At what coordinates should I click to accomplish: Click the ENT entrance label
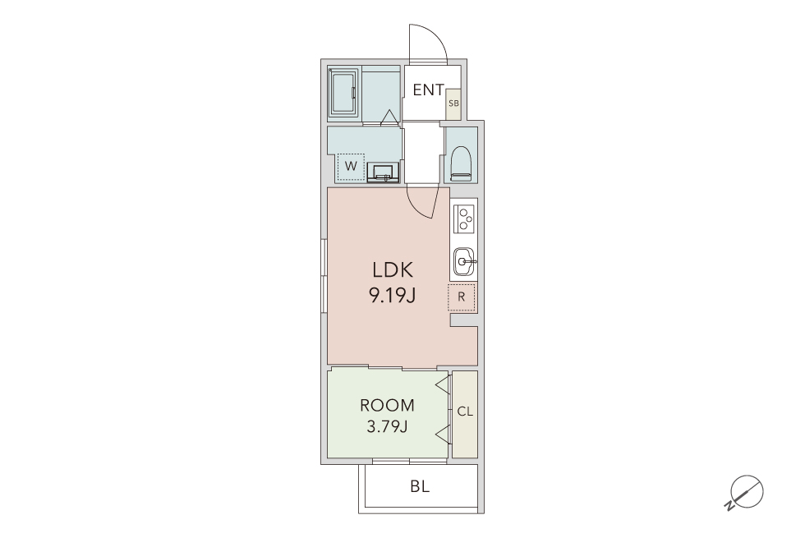[x=428, y=90]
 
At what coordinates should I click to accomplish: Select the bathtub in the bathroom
[x=343, y=93]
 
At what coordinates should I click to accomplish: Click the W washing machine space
[x=352, y=167]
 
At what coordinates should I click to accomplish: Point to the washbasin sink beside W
[x=383, y=172]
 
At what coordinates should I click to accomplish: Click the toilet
[x=461, y=163]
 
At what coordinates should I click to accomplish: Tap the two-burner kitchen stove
[x=466, y=218]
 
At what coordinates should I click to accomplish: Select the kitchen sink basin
[x=465, y=261]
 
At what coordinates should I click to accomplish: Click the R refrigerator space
[x=462, y=297]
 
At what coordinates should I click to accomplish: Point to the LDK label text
[x=393, y=269]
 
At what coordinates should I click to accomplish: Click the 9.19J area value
[x=392, y=295]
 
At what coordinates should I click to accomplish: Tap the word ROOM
[x=387, y=406]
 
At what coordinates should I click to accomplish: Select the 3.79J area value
[x=387, y=426]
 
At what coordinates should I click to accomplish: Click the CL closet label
[x=465, y=412]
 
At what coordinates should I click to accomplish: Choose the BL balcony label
[x=420, y=486]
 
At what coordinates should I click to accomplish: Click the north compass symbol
[x=746, y=493]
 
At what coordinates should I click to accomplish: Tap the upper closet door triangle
[x=444, y=385]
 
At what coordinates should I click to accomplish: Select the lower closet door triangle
[x=444, y=435]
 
